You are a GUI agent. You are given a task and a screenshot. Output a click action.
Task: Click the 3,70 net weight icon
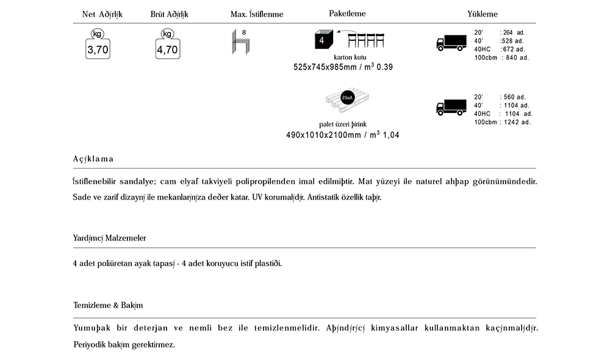pyautogui.click(x=98, y=46)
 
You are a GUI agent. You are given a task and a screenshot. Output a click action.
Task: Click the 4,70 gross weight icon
pyautogui.click(x=167, y=46)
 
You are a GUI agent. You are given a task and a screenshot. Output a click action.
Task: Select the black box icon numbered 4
pyautogui.click(x=323, y=40)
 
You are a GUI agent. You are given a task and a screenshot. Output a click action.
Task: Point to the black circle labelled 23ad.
pyautogui.click(x=347, y=98)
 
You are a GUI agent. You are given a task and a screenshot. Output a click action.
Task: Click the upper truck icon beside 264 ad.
pyautogui.click(x=451, y=43)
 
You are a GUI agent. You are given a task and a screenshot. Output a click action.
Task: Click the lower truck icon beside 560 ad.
pyautogui.click(x=451, y=107)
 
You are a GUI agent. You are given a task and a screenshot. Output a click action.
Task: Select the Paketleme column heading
pyautogui.click(x=348, y=13)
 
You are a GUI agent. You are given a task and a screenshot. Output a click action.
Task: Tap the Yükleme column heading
pyautogui.click(x=483, y=13)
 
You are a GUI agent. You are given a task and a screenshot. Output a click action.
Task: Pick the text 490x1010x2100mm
pyautogui.click(x=323, y=135)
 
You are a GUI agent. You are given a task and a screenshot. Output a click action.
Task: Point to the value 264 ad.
pyautogui.click(x=514, y=32)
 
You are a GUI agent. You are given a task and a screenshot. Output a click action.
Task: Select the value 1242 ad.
pyautogui.click(x=517, y=122)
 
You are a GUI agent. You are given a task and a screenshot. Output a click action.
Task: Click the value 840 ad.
pyautogui.click(x=518, y=58)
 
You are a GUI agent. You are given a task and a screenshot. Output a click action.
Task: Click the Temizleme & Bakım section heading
pyautogui.click(x=108, y=305)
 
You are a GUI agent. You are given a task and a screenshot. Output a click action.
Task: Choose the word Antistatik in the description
pyautogui.click(x=327, y=198)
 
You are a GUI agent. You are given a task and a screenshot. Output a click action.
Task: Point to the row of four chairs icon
pyautogui.click(x=367, y=40)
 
